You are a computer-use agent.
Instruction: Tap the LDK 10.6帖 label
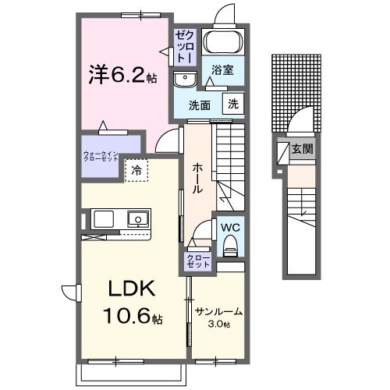point(131,303)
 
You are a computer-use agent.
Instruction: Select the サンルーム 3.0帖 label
point(218,317)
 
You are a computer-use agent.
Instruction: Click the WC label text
point(230,227)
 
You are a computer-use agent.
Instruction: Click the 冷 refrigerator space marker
point(136,168)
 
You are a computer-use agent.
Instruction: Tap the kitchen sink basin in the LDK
point(137,218)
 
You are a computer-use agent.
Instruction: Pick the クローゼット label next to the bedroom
point(185,46)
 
